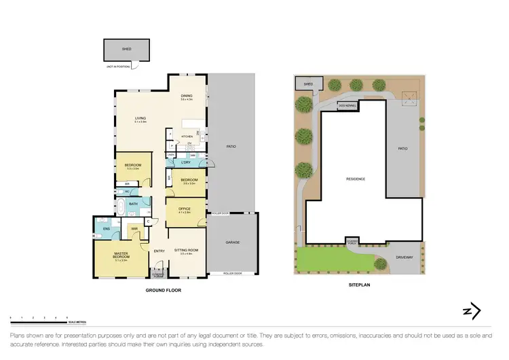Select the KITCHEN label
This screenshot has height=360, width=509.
[185, 136]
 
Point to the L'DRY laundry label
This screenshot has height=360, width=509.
[185, 164]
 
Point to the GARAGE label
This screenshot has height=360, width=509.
[233, 242]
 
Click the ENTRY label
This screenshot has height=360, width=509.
[159, 251]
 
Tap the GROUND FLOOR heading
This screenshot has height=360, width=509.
[164, 290]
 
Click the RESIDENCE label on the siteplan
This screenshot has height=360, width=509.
[355, 179]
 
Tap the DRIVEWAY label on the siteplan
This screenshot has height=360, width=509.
[405, 257]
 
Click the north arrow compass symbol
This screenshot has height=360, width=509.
[472, 311]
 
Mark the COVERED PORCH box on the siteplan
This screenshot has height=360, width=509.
[352, 241]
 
